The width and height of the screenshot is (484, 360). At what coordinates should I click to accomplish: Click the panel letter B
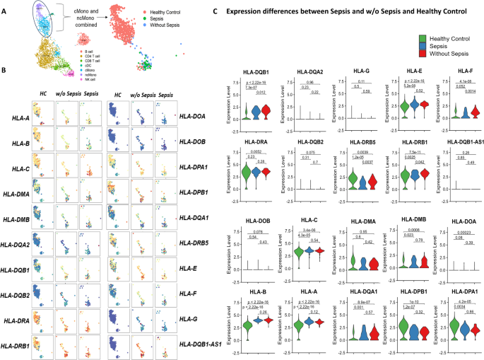[4, 70]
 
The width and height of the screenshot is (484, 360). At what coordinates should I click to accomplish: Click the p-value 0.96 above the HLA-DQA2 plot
[309, 82]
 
